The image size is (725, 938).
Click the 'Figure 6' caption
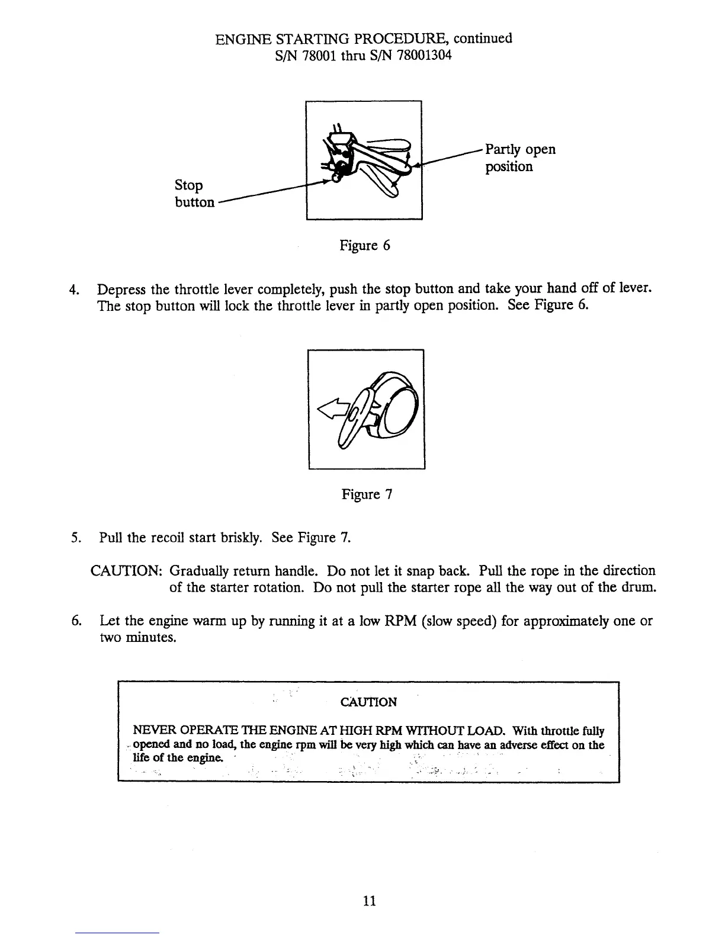364,245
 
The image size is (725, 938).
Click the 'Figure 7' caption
367,494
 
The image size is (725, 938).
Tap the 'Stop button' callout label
194,194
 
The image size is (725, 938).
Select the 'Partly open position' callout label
520,158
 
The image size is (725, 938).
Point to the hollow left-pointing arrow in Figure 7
332,409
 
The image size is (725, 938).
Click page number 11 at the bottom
369,901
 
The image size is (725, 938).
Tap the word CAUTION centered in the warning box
368,702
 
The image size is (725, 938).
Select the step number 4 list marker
74,290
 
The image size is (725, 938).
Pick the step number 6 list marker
75,622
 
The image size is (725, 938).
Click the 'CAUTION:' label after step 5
126,571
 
